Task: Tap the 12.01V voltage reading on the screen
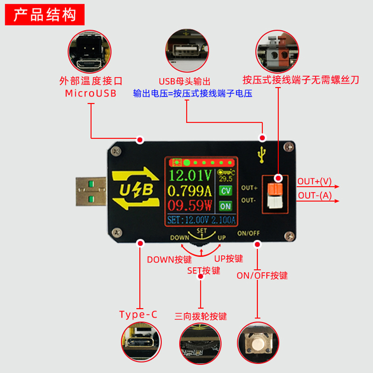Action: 190,176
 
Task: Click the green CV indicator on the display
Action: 226,191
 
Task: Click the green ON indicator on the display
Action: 226,206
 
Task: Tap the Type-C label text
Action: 138,314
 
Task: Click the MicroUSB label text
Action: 90,93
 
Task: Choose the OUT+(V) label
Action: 315,181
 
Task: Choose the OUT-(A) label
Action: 315,195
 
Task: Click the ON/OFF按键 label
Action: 262,276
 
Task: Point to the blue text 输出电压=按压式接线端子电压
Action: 193,93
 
